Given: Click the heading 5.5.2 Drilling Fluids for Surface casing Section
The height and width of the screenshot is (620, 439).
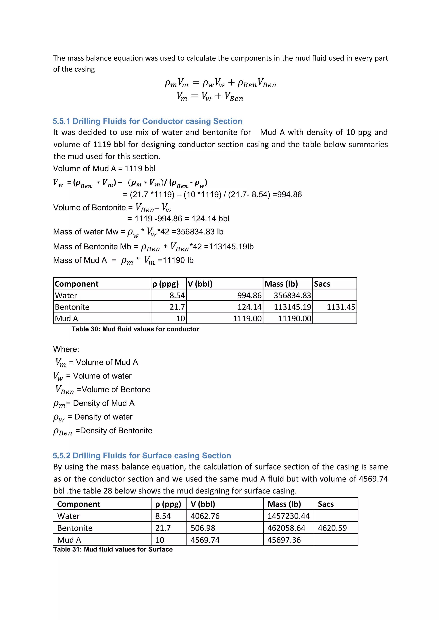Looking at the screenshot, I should click(x=142, y=456).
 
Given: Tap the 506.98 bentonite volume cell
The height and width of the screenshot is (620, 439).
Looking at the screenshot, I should click(x=203, y=528).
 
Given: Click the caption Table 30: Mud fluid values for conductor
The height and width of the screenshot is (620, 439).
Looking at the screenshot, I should click(x=135, y=329).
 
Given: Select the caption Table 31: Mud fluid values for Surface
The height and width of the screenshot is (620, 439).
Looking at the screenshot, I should click(x=113, y=549).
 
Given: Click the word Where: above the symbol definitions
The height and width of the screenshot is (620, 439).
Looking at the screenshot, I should click(x=66, y=349).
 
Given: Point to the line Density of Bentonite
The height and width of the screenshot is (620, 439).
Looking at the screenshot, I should click(x=103, y=431).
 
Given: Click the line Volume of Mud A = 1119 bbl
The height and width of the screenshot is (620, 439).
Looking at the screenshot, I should click(x=104, y=168).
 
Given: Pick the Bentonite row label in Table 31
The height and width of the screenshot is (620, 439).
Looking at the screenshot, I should click(x=75, y=528).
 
